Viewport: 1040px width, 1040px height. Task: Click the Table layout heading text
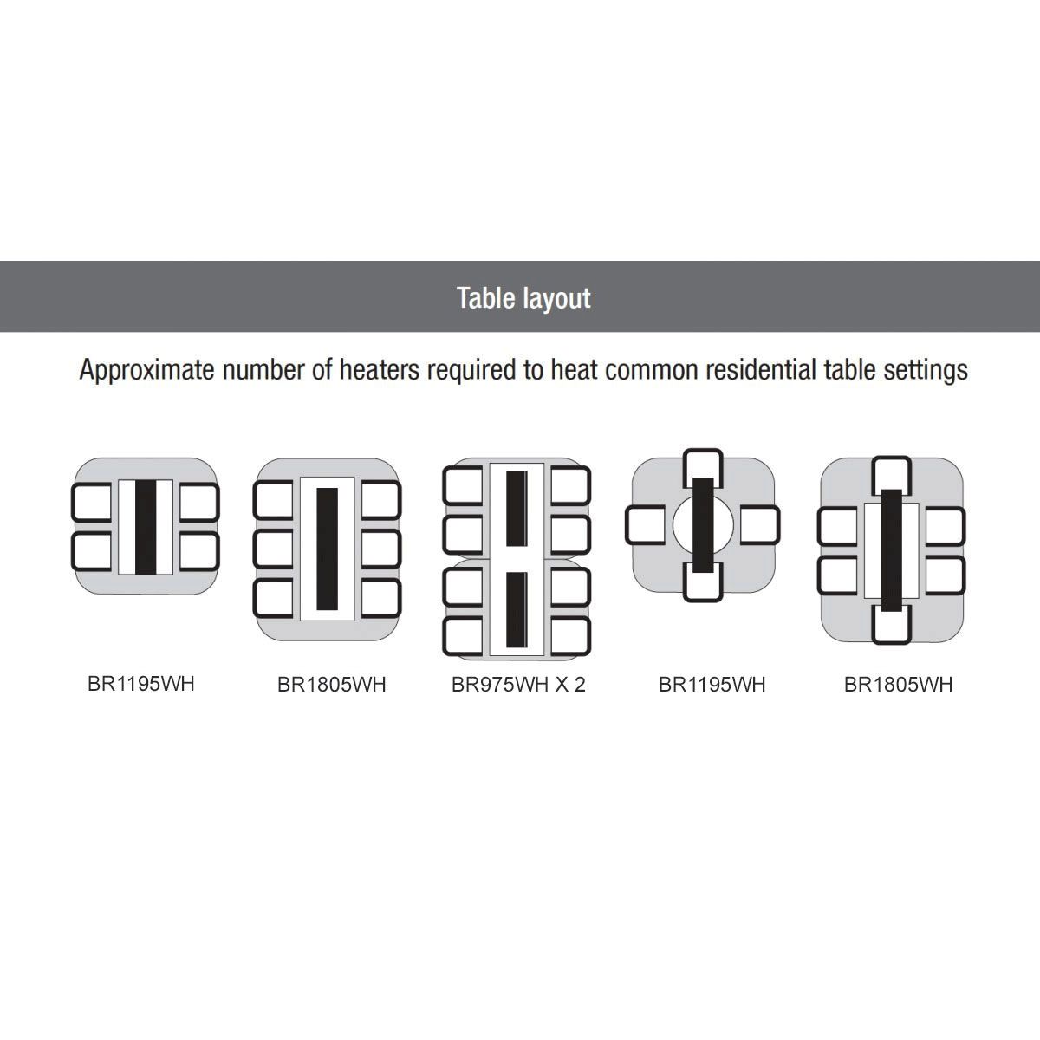[523, 298]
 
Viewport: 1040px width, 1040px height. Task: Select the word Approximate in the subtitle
[146, 371]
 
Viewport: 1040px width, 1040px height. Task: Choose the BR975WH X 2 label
[518, 685]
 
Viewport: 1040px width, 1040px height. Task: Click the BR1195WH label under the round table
[712, 685]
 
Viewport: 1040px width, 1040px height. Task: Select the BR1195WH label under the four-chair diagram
[141, 684]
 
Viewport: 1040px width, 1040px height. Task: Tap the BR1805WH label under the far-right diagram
[898, 685]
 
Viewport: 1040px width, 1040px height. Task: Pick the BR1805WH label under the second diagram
[331, 685]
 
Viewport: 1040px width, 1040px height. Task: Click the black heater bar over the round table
[703, 524]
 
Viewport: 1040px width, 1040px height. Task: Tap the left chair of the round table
[646, 524]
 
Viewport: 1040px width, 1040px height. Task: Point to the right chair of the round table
[760, 524]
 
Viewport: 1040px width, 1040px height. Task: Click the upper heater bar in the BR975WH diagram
[517, 509]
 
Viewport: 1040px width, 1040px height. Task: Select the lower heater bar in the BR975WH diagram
[517, 609]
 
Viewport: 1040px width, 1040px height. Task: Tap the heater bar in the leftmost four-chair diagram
[146, 527]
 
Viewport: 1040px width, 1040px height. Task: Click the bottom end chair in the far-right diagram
[892, 625]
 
